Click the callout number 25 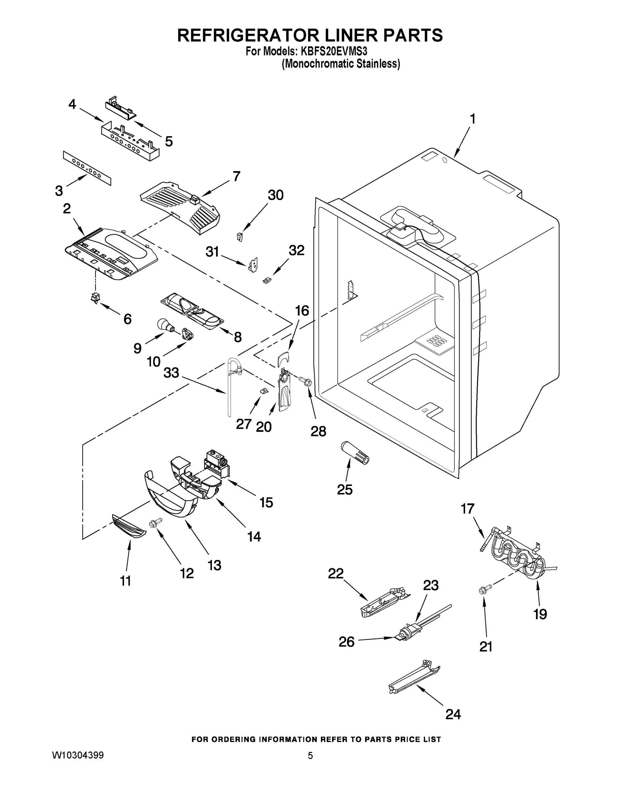click(344, 490)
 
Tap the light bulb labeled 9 click(164, 325)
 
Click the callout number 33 click(171, 372)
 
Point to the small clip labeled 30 click(240, 237)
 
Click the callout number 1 click(473, 119)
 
